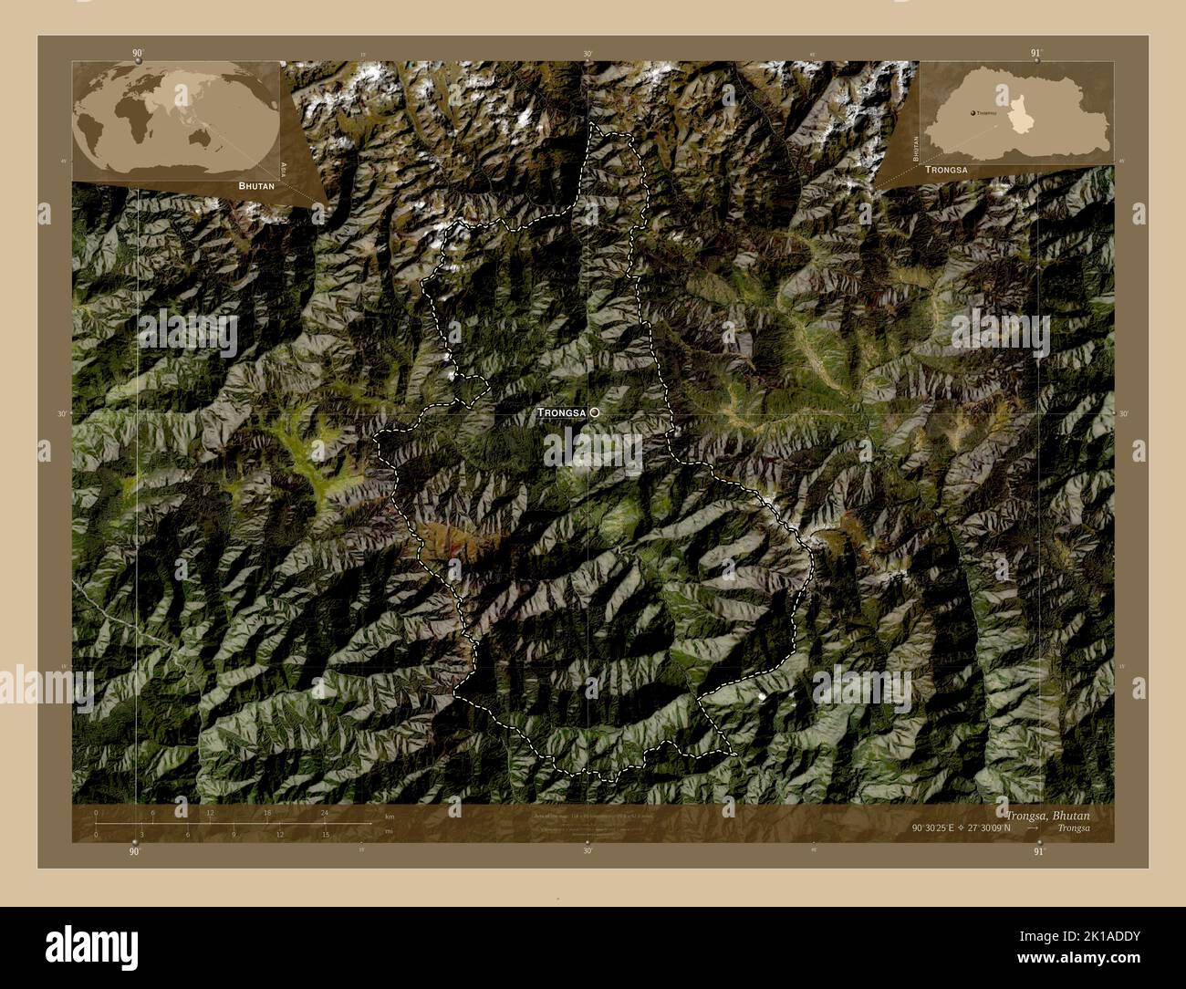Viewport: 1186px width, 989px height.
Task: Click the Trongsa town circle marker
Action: [595, 412]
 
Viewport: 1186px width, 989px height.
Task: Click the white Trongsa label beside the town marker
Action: [561, 412]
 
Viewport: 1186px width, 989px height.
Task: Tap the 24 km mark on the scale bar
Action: [324, 812]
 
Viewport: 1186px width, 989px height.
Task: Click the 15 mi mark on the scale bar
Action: [326, 834]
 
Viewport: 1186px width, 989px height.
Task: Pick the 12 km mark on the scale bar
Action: [210, 812]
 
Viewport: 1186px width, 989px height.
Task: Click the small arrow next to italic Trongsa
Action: [1032, 828]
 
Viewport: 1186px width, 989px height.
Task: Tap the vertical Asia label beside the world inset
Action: [285, 169]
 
